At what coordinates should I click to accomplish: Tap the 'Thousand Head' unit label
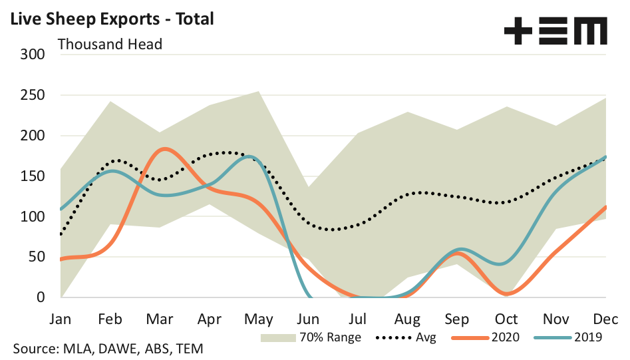coord(110,45)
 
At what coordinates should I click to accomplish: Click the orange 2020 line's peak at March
coord(166,148)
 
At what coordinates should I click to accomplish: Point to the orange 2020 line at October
coord(507,293)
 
